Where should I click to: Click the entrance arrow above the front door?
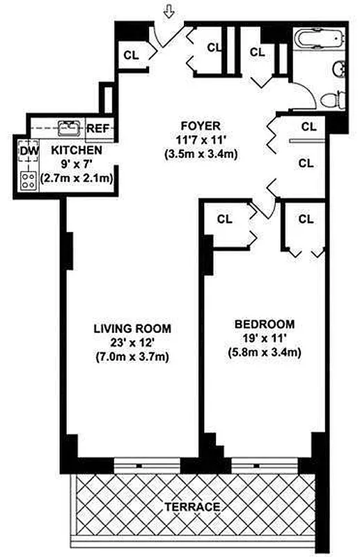click(x=169, y=10)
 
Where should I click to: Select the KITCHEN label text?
click(x=77, y=150)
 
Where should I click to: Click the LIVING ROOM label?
click(x=132, y=328)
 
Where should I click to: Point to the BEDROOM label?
click(x=264, y=324)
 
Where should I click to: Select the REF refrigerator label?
click(x=97, y=128)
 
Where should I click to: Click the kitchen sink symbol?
click(x=68, y=127)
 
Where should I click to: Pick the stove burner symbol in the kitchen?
click(x=29, y=180)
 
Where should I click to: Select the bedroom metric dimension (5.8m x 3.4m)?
click(x=264, y=352)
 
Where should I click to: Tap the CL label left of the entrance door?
click(x=130, y=54)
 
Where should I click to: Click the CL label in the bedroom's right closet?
click(x=306, y=219)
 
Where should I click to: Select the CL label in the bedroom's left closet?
click(x=224, y=219)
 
